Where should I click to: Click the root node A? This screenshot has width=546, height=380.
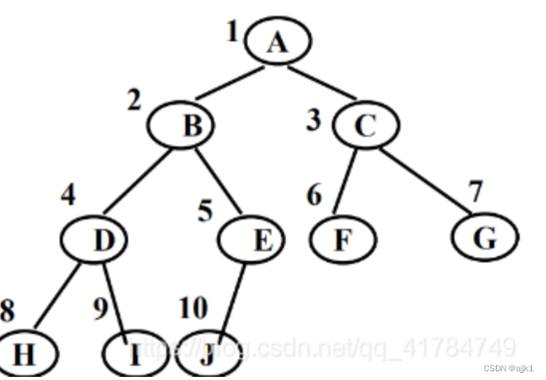[277, 42]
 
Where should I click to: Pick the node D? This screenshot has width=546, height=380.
[104, 238]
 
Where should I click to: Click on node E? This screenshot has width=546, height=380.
[260, 238]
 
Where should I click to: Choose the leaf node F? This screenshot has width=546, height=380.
[341, 238]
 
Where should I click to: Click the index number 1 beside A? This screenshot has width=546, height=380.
[232, 33]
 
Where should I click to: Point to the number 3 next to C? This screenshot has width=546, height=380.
[315, 122]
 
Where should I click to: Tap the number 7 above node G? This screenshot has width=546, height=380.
[476, 192]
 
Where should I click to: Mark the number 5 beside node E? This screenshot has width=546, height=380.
[206, 212]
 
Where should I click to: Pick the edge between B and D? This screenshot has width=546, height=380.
[140, 184]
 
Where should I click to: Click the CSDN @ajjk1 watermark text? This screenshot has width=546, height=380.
[507, 369]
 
